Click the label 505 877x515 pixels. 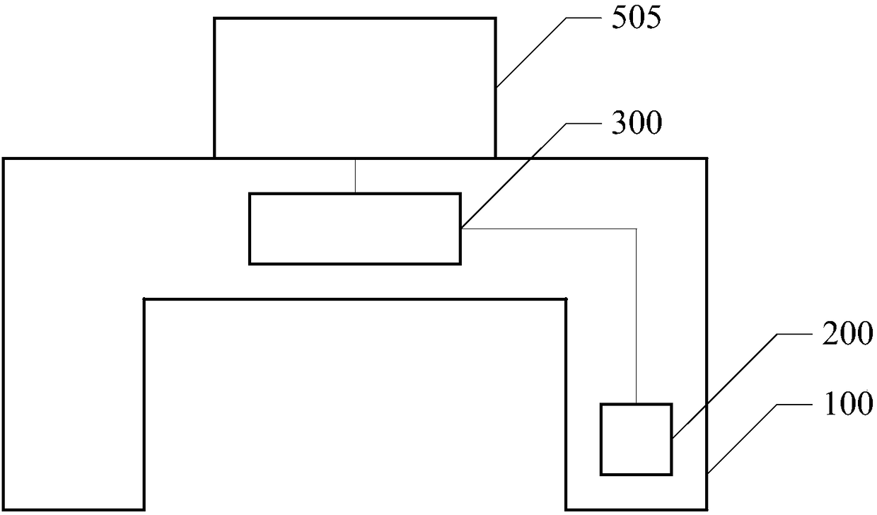[x=636, y=18]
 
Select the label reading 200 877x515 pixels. [x=847, y=333]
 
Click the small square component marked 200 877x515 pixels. [x=636, y=439]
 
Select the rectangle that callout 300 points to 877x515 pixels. [x=354, y=228]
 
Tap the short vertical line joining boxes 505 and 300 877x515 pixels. [x=355, y=175]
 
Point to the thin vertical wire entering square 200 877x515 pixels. [x=637, y=318]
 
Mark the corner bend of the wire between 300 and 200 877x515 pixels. [x=637, y=228]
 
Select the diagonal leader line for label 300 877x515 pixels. [x=513, y=175]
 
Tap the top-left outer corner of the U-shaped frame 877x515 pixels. [x=4, y=159]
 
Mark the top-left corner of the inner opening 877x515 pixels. [x=145, y=299]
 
